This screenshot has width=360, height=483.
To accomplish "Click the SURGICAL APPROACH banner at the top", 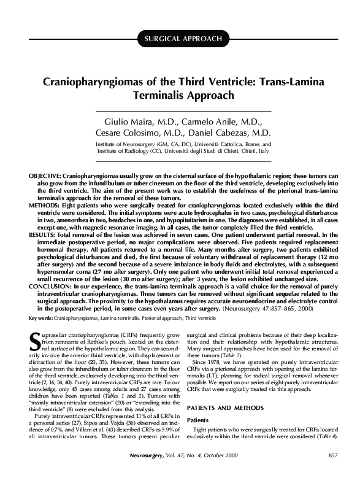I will point(183,39).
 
